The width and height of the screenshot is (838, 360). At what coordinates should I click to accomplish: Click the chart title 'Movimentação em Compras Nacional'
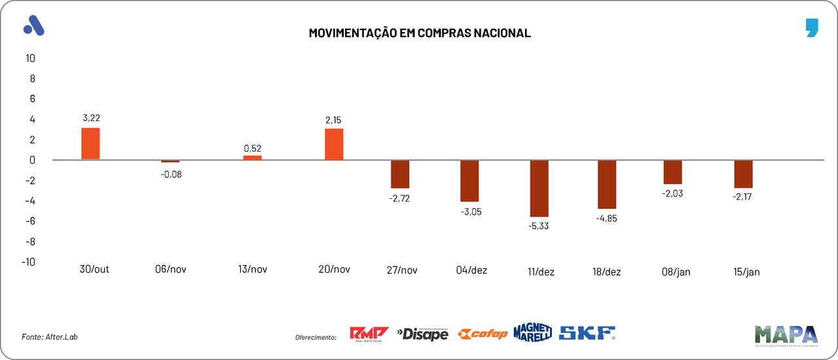click(x=420, y=33)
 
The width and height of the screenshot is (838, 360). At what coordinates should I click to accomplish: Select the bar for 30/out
click(x=90, y=143)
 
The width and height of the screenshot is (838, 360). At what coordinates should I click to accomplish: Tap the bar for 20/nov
click(x=334, y=144)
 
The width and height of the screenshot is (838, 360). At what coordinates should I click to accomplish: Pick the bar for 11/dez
click(x=539, y=189)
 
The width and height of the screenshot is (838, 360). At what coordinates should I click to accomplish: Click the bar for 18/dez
click(x=607, y=185)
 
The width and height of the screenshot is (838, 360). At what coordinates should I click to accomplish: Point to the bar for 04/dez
click(x=469, y=181)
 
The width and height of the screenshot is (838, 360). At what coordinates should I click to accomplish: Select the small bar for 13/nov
click(x=252, y=158)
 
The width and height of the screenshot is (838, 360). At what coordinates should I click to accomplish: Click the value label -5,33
click(x=539, y=226)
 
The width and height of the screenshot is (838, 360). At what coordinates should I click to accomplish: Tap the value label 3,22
click(x=91, y=118)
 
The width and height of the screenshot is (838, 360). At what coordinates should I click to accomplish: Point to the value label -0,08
click(x=171, y=174)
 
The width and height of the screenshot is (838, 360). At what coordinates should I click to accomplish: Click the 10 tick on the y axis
click(x=30, y=58)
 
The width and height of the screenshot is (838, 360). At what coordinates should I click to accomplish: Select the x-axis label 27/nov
click(x=401, y=270)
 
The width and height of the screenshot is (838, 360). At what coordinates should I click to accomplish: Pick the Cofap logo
click(x=483, y=334)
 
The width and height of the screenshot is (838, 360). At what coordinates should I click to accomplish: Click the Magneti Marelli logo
click(x=532, y=333)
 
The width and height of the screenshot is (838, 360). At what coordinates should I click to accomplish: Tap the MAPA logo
click(x=786, y=334)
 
